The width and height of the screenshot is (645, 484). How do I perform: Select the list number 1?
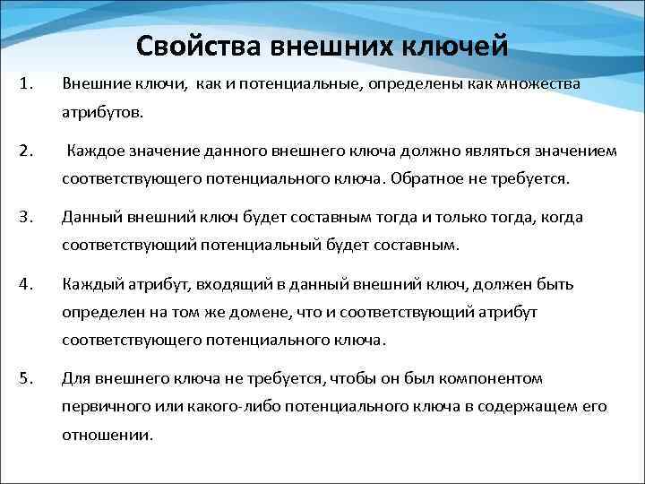click(25, 85)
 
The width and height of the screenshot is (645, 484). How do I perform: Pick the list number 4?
click(25, 284)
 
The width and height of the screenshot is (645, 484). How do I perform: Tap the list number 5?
click(25, 378)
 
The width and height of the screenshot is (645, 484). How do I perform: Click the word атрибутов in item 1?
click(95, 114)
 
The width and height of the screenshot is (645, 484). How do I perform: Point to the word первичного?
click(100, 407)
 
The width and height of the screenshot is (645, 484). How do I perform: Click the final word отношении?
click(107, 435)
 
